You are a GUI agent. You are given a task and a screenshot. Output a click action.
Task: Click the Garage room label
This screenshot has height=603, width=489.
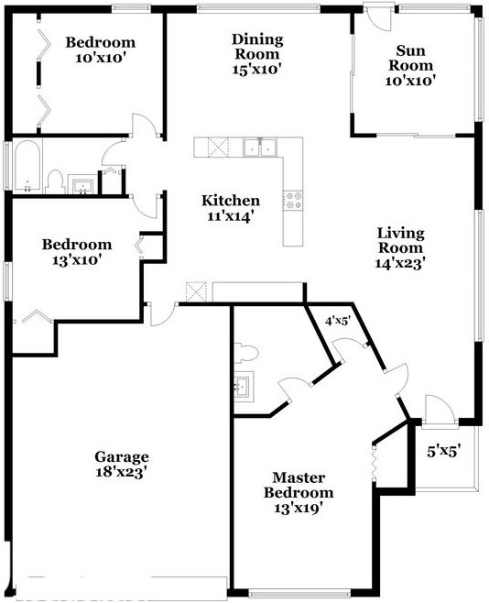pos(121,457)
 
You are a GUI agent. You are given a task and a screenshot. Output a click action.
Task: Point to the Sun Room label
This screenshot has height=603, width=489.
pos(408,58)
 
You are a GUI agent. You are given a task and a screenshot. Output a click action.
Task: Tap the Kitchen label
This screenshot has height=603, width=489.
pos(231,201)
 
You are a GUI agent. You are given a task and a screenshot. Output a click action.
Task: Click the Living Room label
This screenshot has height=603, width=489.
pos(400,240)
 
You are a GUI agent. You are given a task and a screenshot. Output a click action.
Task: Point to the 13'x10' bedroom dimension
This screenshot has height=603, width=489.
pos(77,259)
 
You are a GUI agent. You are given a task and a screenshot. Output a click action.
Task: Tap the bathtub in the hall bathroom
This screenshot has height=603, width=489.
pos(25,167)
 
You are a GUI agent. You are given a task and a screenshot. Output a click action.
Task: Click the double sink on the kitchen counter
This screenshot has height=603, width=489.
pos(260,146)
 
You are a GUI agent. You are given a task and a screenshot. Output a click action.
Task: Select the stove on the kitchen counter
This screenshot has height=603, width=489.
pos(294,201)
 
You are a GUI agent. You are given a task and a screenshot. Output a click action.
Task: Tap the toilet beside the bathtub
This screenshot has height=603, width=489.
pos(54,181)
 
